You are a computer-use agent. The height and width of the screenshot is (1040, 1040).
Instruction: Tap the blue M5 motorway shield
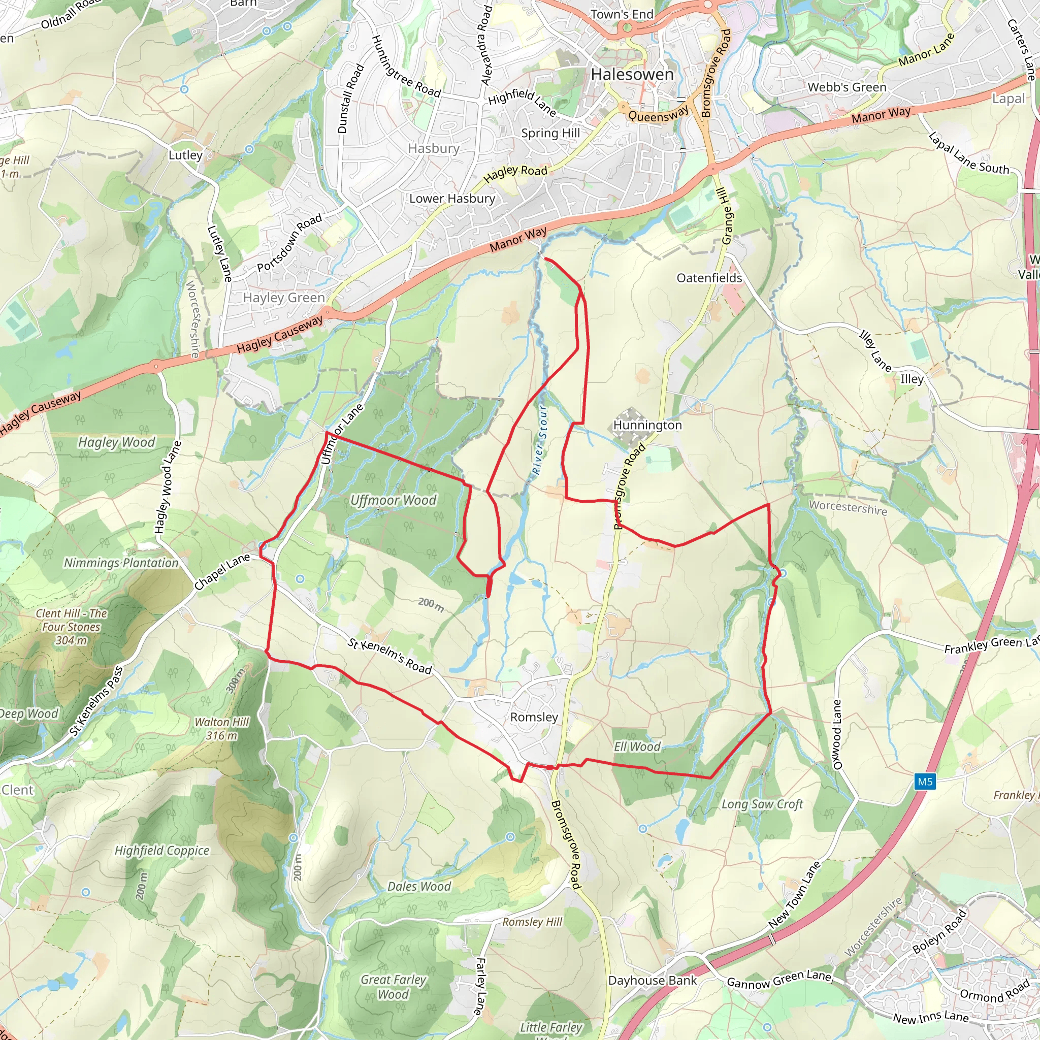point(925,781)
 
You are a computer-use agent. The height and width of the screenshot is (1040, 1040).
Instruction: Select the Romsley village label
point(534,717)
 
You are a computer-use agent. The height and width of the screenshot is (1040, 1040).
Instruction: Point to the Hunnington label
point(647,425)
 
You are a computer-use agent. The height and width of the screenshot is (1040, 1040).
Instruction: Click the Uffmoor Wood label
point(393,501)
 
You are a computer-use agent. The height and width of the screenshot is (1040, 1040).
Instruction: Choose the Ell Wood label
point(637,746)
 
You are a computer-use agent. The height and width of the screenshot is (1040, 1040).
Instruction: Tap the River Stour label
point(539,440)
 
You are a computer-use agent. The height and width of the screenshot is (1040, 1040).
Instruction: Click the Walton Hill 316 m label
point(222,729)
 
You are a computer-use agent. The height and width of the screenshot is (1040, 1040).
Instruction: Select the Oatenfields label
point(709,278)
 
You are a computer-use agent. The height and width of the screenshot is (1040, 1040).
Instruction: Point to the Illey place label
point(912,379)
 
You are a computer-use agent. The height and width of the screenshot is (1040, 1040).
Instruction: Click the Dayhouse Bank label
point(653,981)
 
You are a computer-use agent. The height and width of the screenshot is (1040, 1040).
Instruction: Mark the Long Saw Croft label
point(762,804)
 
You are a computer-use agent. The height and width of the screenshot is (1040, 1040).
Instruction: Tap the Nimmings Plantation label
point(121,563)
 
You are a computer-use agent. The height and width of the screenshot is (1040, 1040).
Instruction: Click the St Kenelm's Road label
point(389,656)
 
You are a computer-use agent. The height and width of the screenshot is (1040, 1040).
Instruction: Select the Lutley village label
point(185,155)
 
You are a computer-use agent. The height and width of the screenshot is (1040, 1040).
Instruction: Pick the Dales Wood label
point(419,887)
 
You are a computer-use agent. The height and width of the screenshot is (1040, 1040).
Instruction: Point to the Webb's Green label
point(847,87)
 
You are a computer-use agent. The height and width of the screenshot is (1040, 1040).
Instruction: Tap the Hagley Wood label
point(116,442)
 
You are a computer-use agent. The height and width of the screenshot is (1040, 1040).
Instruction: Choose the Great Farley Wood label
point(394,987)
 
